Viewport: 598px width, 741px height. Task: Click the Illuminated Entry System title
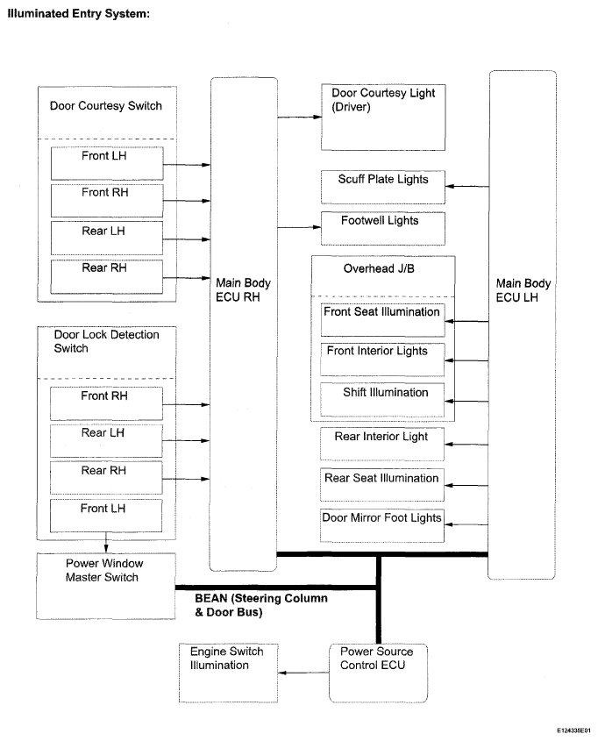coord(78,14)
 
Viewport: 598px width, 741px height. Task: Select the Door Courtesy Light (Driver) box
coord(383,118)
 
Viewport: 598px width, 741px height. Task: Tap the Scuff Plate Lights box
coord(383,187)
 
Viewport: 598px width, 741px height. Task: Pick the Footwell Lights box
coord(383,229)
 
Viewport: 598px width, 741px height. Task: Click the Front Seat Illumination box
coord(382,320)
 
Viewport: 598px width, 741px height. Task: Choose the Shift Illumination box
coord(382,400)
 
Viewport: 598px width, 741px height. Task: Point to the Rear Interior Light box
coord(382,445)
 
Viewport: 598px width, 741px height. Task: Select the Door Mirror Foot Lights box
coord(382,525)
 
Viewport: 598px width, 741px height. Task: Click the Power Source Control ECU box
coord(379,673)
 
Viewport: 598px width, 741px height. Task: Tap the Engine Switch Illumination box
coord(229,673)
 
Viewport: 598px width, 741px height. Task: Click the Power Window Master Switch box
coord(106,586)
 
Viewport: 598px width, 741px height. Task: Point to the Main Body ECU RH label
coord(243,289)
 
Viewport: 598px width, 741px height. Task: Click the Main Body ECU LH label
coord(523,290)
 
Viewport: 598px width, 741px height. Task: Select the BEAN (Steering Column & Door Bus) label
coord(261,605)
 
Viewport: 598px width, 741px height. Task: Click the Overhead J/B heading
coord(379,268)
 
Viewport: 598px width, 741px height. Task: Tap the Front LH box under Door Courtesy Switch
coord(107,163)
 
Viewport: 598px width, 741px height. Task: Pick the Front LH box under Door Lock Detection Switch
coord(106,516)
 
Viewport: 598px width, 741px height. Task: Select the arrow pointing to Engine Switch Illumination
coord(303,673)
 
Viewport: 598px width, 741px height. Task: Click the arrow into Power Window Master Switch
coord(106,543)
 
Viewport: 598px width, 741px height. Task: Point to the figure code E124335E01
coord(573,730)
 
